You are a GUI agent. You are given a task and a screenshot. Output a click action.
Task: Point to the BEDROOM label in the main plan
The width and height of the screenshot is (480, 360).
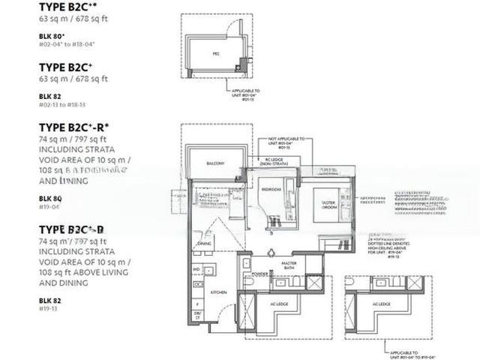tap(271, 190)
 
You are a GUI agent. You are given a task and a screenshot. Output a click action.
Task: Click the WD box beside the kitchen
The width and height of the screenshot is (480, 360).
tap(196, 268)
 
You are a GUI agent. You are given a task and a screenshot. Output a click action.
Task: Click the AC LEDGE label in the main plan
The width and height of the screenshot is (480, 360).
tap(279, 304)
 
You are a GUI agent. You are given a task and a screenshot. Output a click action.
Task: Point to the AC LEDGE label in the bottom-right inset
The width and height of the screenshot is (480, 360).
tap(381, 304)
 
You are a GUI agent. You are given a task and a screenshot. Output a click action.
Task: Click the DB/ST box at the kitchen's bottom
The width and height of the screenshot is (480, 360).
tap(197, 316)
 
